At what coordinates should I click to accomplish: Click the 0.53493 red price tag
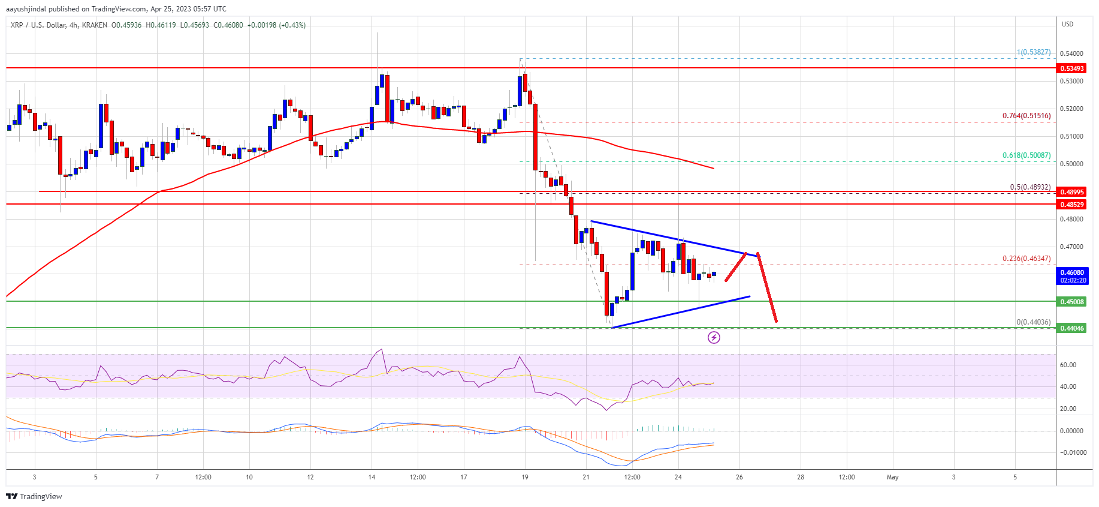click(x=1072, y=68)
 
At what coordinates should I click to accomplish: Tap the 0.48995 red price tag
click(x=1072, y=192)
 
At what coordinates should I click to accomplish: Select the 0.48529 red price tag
click(x=1072, y=205)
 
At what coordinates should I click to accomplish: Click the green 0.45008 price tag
click(x=1072, y=302)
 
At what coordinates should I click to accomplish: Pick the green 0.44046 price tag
click(x=1072, y=328)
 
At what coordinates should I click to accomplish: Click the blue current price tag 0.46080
click(x=1072, y=275)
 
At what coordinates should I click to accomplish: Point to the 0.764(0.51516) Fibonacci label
click(x=1026, y=116)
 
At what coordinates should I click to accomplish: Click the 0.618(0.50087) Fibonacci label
click(x=1026, y=155)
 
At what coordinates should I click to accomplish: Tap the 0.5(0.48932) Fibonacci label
click(x=1029, y=187)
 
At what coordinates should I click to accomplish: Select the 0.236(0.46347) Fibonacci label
click(x=1026, y=259)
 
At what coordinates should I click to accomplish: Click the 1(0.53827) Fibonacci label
click(x=1033, y=52)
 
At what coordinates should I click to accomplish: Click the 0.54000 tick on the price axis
click(x=1071, y=53)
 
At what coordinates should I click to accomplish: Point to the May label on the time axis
click(x=892, y=478)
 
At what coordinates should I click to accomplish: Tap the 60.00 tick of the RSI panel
click(x=1068, y=365)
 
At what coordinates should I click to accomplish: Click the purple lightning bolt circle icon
click(x=714, y=338)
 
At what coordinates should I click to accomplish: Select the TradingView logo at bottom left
click(x=34, y=496)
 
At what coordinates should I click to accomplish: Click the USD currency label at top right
click(x=1067, y=25)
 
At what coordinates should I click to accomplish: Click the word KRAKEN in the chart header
click(x=95, y=25)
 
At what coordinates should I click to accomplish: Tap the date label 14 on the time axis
click(x=372, y=478)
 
